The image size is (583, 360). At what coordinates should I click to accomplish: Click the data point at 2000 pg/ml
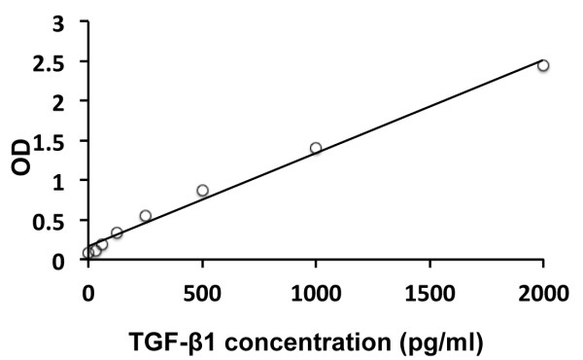point(543,66)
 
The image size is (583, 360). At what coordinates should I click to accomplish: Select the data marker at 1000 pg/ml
point(316,148)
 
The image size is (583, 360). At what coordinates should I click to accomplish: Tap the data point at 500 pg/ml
point(202,191)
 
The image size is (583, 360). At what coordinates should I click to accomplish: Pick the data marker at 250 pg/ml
point(146,216)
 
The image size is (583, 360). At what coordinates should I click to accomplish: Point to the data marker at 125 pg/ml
point(117,233)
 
